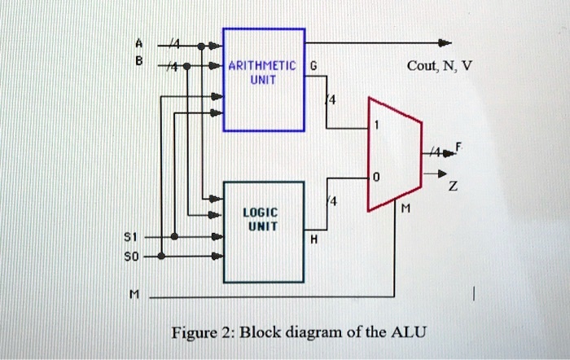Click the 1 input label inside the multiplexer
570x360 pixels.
coord(376,126)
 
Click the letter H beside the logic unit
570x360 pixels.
coord(313,241)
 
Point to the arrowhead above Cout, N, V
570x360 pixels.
coord(445,42)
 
